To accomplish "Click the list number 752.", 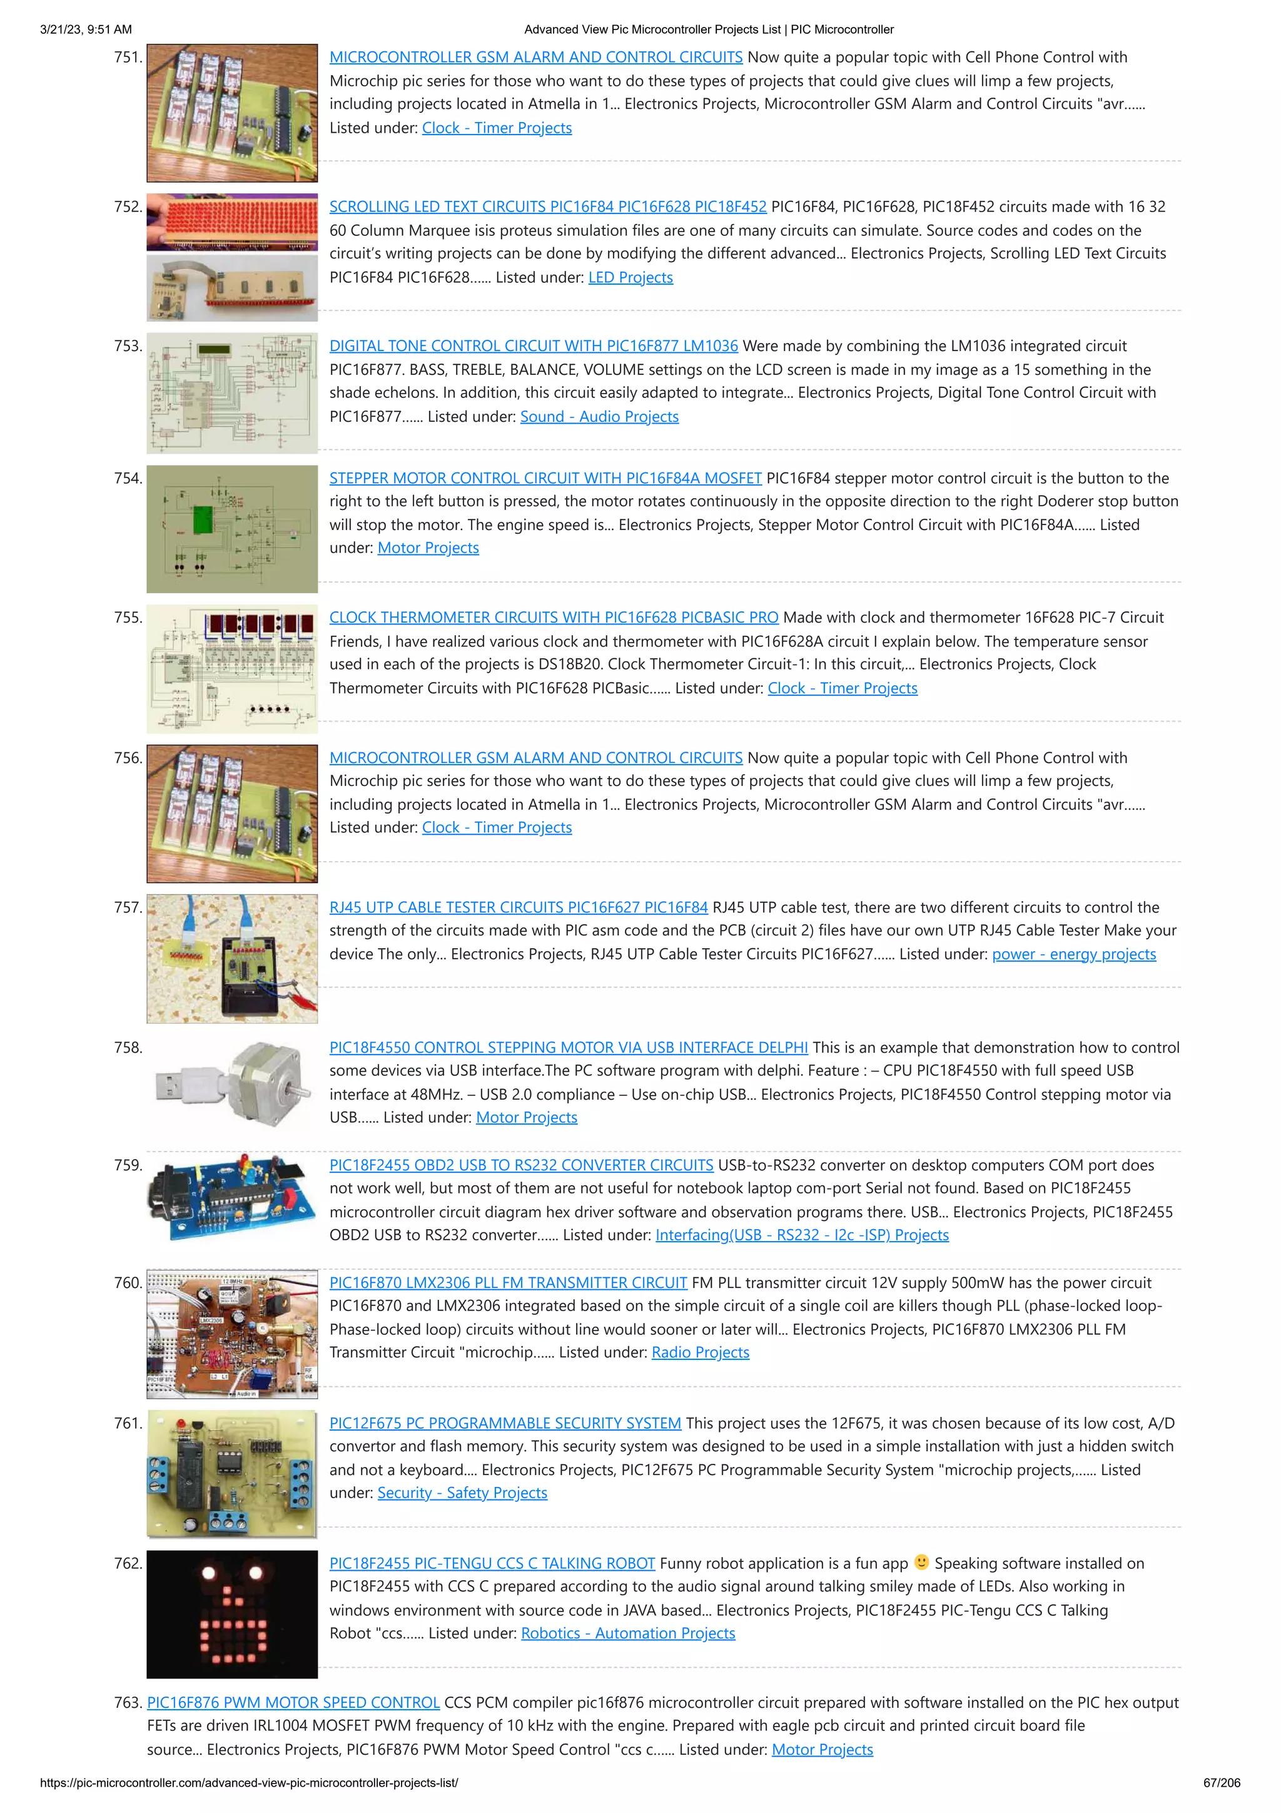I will (128, 207).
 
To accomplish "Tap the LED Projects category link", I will (630, 277).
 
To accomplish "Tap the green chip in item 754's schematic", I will (203, 519).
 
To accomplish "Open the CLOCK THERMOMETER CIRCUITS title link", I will (554, 618).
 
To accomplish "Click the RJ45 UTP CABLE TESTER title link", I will (518, 907).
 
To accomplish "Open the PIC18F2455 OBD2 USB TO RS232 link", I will (521, 1165).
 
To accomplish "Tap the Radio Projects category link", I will (699, 1352).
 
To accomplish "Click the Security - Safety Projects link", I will (462, 1493).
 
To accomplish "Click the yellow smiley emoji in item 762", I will (921, 1562).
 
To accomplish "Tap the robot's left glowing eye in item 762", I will (208, 1573).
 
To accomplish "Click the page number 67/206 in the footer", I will (1221, 1782).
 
